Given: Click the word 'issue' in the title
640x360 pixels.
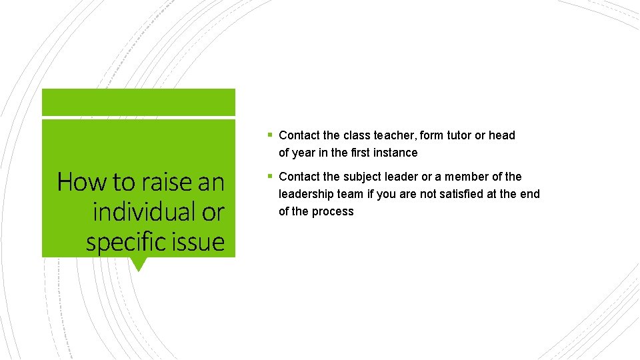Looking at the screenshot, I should click(201, 242).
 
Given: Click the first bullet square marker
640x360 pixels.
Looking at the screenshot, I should click(269, 135).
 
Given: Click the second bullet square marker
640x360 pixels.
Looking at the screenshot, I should click(269, 176).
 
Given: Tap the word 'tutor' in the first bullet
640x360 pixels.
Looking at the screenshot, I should click(457, 135).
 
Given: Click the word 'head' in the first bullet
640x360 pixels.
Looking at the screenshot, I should click(502, 135).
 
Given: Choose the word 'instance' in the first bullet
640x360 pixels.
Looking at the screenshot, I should click(395, 153).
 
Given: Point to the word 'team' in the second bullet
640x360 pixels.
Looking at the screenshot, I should click(351, 194).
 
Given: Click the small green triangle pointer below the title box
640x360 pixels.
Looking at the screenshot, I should click(138, 264).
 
